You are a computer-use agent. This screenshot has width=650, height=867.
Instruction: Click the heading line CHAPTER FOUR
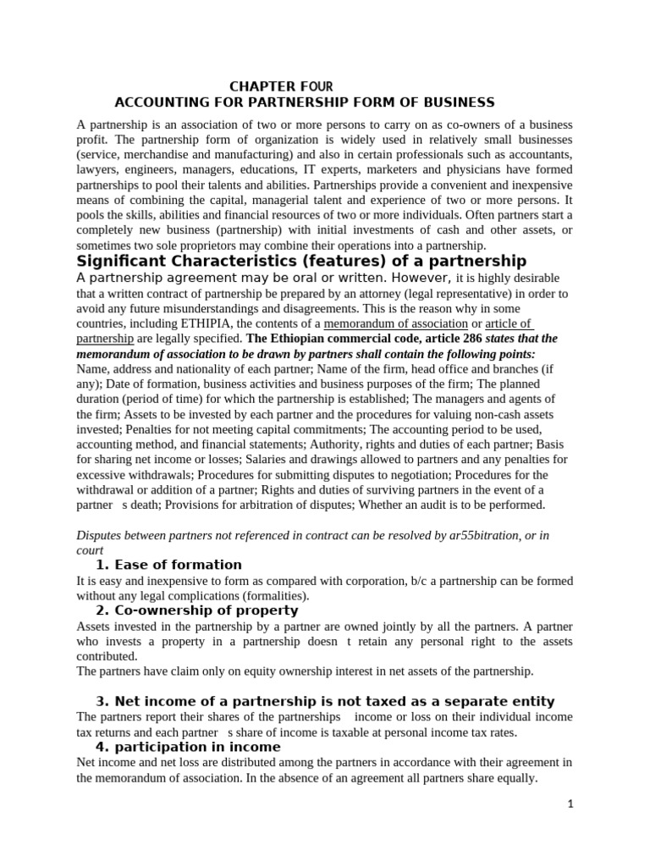282,86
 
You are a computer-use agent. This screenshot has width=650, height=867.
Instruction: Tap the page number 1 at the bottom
570,804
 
